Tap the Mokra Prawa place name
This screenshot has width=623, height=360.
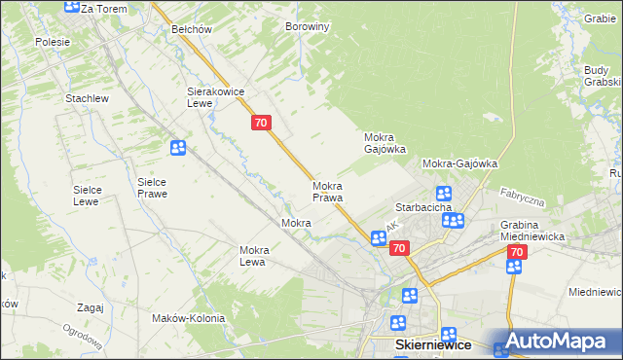click(327, 191)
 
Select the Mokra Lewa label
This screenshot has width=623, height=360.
click(253, 256)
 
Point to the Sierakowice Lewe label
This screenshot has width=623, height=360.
click(214, 96)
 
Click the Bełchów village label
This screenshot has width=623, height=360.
click(191, 29)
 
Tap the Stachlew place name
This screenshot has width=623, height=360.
click(86, 99)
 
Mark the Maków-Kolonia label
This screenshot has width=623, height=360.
click(189, 318)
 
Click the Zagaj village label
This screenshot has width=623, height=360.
click(89, 307)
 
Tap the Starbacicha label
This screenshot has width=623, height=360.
click(421, 208)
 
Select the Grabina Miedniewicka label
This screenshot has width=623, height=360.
click(533, 231)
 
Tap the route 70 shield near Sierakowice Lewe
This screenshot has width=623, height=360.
click(260, 123)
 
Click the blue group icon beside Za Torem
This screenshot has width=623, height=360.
click(71, 6)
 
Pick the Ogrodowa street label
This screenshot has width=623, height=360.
click(86, 341)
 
